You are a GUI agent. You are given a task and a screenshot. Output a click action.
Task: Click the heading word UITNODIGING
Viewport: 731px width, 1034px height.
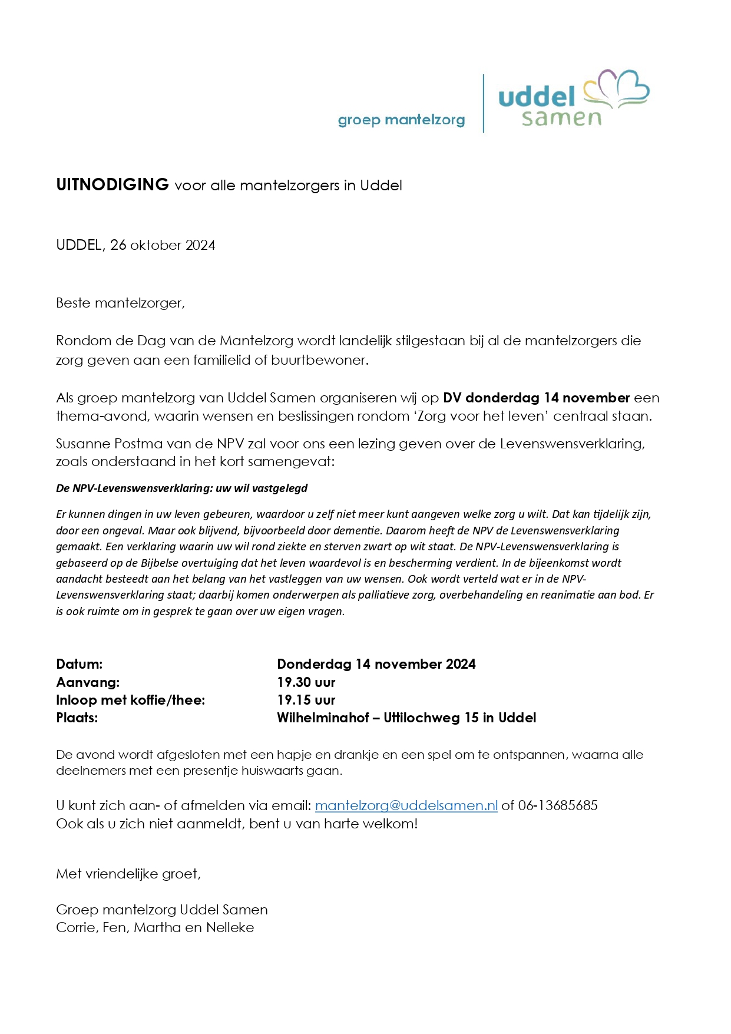click(x=113, y=184)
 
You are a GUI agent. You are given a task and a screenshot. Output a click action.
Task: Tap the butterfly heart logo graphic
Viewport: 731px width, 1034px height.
click(x=616, y=88)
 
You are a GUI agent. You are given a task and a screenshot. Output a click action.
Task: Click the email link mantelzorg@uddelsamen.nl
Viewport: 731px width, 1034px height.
click(x=406, y=805)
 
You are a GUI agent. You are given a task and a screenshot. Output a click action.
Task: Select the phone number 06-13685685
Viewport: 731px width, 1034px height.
click(x=558, y=805)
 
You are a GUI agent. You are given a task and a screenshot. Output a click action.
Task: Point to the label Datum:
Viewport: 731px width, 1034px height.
click(x=79, y=664)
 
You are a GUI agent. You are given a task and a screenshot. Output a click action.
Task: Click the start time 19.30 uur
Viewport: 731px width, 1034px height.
click(x=306, y=682)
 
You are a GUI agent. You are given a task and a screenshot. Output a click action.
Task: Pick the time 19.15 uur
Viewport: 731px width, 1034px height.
click(x=306, y=700)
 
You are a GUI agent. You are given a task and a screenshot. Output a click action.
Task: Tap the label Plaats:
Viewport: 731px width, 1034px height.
click(x=77, y=718)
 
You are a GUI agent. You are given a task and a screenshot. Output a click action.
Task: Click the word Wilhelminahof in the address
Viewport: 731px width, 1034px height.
click(x=323, y=718)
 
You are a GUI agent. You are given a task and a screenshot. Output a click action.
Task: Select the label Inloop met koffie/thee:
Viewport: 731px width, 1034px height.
click(x=130, y=700)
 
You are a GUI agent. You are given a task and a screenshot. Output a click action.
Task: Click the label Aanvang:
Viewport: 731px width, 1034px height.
click(x=88, y=682)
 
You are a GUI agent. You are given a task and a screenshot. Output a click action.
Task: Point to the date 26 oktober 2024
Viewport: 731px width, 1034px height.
click(x=163, y=245)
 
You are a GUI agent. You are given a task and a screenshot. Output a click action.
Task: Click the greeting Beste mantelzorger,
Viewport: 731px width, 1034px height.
click(x=120, y=303)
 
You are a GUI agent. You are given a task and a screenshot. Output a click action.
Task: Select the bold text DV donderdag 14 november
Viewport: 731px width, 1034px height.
click(x=536, y=398)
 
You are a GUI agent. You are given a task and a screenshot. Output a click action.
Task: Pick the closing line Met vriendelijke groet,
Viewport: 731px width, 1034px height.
click(x=128, y=874)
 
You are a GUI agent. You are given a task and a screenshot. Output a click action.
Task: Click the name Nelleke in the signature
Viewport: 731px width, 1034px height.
click(x=230, y=927)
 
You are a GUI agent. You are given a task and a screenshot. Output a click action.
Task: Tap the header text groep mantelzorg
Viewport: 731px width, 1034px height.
click(x=401, y=120)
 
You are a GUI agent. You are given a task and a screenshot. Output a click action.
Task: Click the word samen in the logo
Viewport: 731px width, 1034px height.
click(x=561, y=118)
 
